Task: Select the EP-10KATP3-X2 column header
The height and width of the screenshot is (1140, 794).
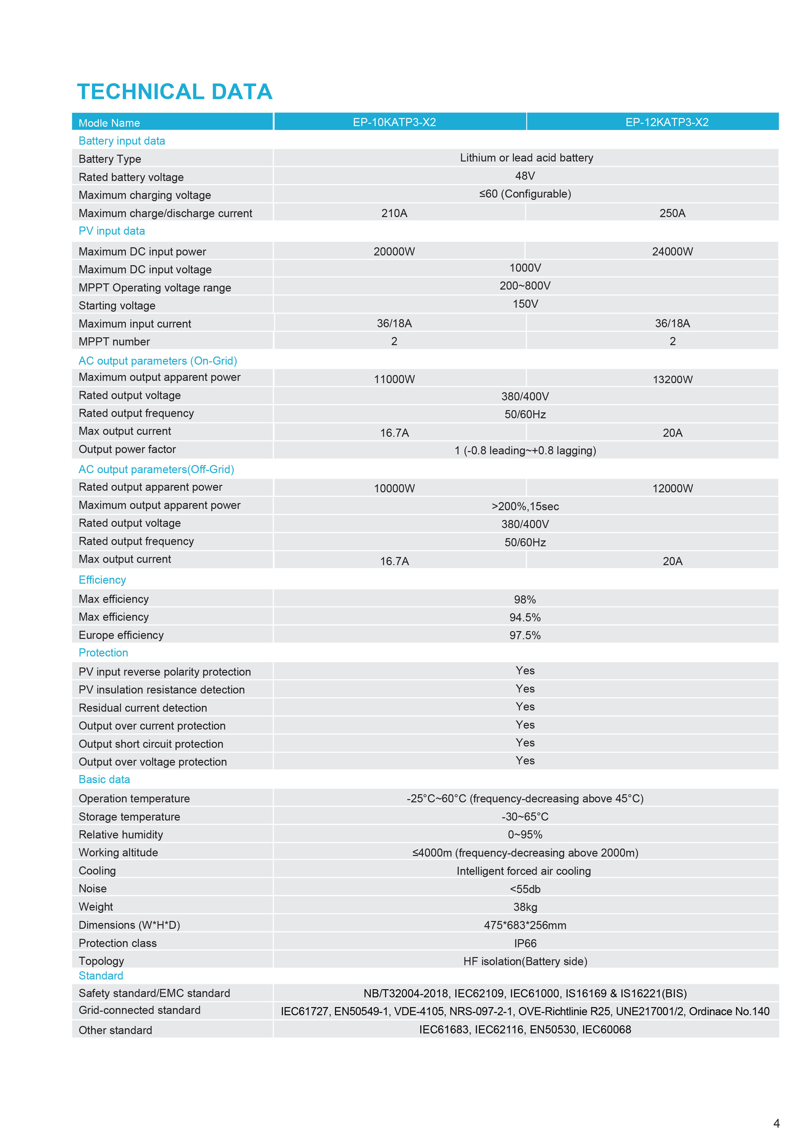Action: [x=394, y=122]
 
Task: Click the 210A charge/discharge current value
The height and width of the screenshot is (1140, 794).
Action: [x=394, y=213]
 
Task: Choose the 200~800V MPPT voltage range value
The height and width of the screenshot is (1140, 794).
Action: [x=525, y=286]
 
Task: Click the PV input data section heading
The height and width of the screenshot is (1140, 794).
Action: [x=112, y=231]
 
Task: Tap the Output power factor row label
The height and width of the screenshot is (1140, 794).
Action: [x=127, y=449]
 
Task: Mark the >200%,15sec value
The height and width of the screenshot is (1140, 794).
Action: [x=525, y=506]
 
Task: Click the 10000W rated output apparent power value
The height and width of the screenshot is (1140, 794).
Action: [x=394, y=488]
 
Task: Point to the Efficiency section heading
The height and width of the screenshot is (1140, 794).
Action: [x=102, y=580]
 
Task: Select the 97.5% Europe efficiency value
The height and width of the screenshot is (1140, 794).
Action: [x=525, y=635]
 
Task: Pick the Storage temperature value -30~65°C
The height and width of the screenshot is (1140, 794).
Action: [x=525, y=816]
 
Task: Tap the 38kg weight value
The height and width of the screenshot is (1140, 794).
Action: [x=525, y=907]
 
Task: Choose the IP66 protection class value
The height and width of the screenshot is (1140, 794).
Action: [x=525, y=943]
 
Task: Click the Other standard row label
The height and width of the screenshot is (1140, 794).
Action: [x=115, y=1030]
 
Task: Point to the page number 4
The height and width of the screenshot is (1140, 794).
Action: [x=776, y=1123]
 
